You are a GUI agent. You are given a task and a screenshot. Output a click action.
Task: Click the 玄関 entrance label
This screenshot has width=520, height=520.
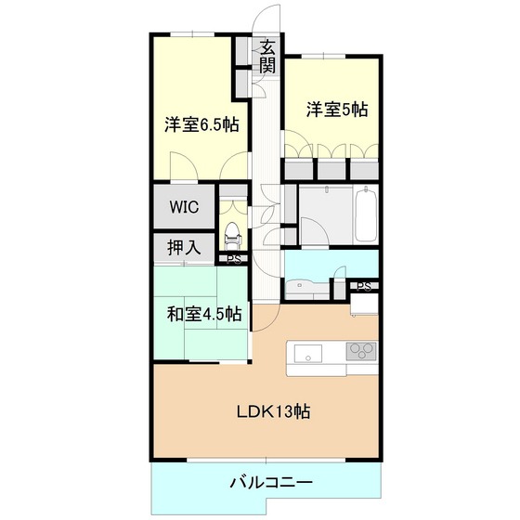coord(267,56)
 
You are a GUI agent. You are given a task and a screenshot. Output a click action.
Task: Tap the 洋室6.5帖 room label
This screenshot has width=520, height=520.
coord(201,125)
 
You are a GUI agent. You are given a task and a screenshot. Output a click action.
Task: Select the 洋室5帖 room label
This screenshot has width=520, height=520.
coord(337,110)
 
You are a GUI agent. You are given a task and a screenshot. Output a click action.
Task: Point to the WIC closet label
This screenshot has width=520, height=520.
coord(184,206)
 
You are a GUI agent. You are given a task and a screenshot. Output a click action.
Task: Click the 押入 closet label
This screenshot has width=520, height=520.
coord(184,247)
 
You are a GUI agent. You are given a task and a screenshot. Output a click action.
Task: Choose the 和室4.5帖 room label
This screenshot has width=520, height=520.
coord(204,314)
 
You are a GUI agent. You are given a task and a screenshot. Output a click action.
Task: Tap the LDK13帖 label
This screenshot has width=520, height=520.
coord(273,411)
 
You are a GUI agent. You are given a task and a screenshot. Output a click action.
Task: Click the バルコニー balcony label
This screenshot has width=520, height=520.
coord(271,482)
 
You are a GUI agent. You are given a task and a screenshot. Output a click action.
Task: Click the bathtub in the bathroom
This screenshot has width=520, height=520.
coord(366,215)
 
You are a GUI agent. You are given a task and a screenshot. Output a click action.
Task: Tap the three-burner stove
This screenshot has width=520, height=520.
coord(362,351)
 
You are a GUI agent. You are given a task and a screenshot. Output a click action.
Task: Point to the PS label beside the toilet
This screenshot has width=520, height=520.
coord(233,260)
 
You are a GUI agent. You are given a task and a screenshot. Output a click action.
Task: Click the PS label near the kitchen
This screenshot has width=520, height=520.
coord(364,287)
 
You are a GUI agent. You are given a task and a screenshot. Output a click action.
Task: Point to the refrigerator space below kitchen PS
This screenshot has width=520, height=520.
coord(364,304)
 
